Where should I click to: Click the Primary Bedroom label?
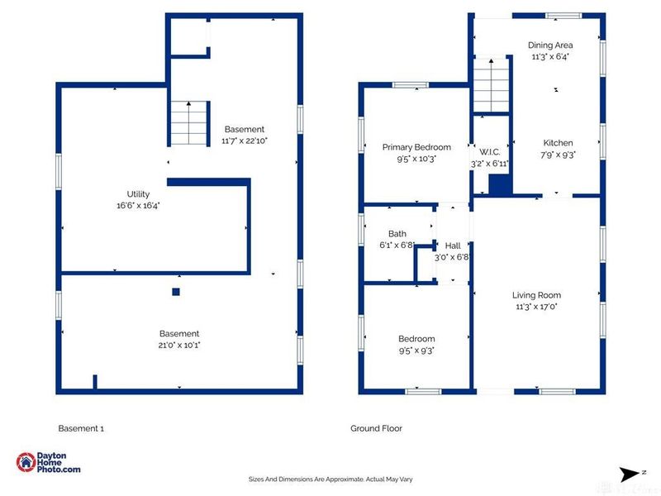[416, 147]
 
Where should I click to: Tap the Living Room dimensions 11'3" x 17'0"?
[536, 307]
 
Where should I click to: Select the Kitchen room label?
[558, 143]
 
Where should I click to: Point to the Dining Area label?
[550, 45]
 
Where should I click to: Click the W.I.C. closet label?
[490, 152]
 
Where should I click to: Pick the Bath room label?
[397, 234]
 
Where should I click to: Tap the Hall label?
[453, 246]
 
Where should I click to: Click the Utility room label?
[138, 194]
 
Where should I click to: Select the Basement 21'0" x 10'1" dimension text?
[179, 345]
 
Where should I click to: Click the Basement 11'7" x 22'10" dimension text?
[245, 141]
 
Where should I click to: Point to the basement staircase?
[188, 123]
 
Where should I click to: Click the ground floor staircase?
[491, 85]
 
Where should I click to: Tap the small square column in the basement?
[176, 292]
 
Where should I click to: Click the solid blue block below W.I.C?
[500, 185]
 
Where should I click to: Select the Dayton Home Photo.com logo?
[48, 462]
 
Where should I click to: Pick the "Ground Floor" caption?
[376, 428]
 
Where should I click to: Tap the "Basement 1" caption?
[81, 428]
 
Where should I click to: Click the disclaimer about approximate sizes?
[330, 479]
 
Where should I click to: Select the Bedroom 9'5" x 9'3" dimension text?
[416, 351]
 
